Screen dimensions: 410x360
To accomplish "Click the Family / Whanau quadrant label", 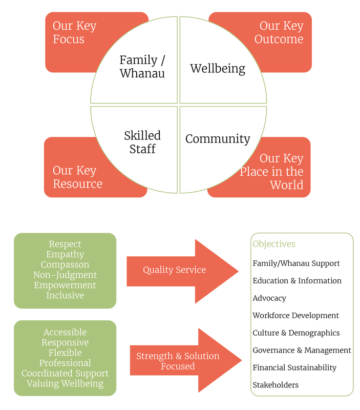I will [142, 67].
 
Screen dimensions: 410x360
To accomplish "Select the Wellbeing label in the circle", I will [218, 68].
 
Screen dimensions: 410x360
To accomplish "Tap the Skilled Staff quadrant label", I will [142, 142].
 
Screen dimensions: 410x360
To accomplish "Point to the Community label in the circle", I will [218, 138].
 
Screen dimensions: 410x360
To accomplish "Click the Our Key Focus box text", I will [75, 32].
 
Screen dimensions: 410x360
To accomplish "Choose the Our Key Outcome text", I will [280, 32].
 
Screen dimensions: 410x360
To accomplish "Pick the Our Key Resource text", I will [77, 177].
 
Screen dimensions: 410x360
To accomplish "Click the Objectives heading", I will [274, 244].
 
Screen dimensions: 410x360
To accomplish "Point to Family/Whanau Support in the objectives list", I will [296, 263].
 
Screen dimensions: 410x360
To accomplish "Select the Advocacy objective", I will [269, 298].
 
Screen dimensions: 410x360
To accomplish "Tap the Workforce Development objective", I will [295, 316].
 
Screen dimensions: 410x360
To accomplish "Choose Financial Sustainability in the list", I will [294, 367].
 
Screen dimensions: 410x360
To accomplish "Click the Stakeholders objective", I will [276, 385].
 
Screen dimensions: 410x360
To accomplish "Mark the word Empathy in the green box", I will [65, 255].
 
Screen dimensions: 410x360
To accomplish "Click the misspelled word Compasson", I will [65, 265].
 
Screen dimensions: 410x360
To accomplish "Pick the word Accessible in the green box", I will [65, 333].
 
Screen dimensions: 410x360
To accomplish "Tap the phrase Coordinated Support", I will [65, 374].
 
